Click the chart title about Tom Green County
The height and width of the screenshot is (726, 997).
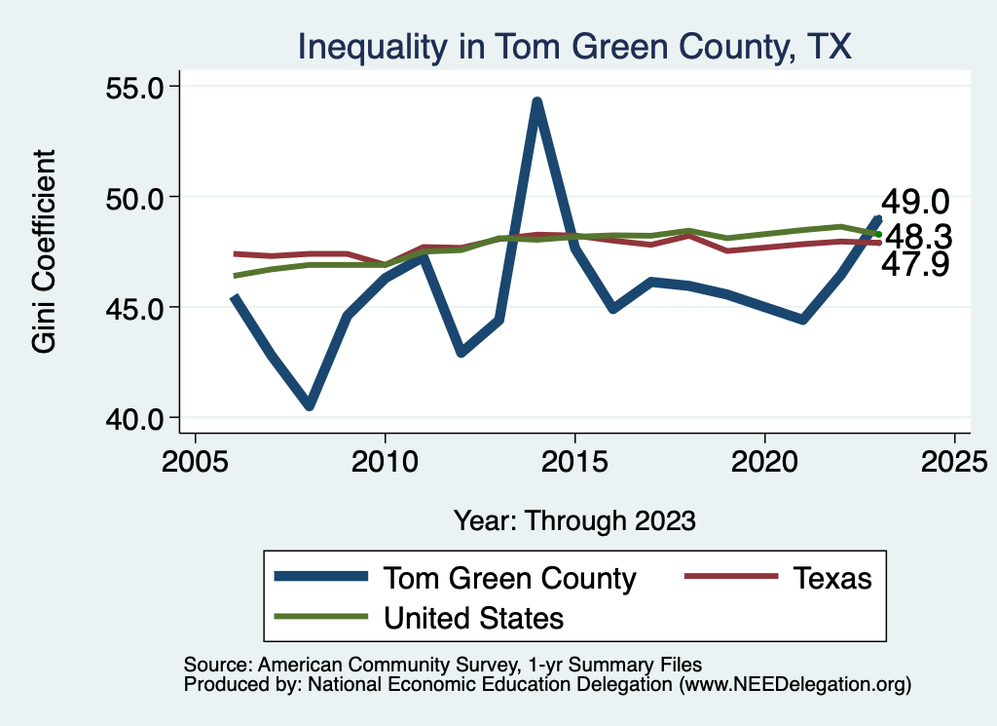coord(574,46)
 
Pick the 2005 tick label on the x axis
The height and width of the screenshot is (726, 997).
coord(195,462)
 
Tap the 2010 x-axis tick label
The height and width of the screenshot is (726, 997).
coord(385,462)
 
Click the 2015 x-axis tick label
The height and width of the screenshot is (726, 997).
coord(574,462)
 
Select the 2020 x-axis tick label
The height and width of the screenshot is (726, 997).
coord(764,462)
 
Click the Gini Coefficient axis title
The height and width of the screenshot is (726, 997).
coord(45,251)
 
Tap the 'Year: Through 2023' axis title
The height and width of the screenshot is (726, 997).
coord(574,519)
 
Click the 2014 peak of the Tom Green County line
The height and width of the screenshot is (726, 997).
coord(536,102)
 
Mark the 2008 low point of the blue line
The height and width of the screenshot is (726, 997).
coord(309,405)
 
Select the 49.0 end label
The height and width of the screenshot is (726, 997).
coord(914,202)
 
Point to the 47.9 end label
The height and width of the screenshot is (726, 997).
coord(914,263)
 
